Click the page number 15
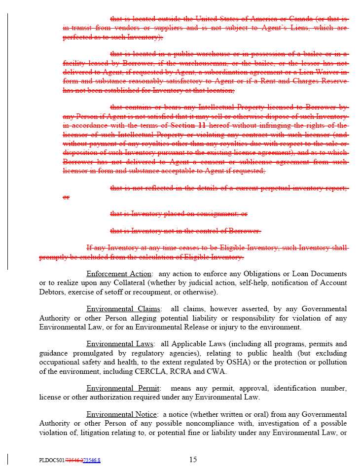[x=193, y=460]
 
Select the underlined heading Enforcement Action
[x=118, y=274]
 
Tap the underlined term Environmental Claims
[x=123, y=309]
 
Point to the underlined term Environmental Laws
[x=120, y=344]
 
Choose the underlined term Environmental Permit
[x=121, y=388]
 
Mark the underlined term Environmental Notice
[x=122, y=414]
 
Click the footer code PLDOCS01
[x=52, y=461]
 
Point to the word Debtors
[x=52, y=292]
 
